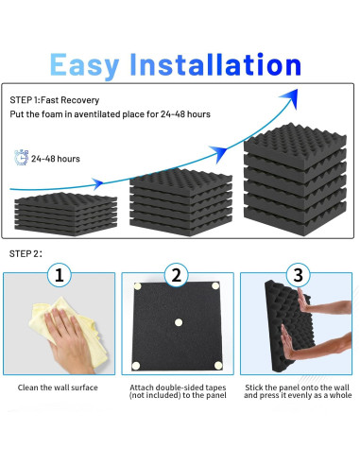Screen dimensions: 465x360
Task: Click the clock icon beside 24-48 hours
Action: click(x=21, y=158)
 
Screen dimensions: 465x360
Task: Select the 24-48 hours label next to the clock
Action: click(x=55, y=159)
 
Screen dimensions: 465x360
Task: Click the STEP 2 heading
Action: click(x=26, y=254)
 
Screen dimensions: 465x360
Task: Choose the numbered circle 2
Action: click(x=177, y=276)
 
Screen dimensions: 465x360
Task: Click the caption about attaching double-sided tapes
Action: click(x=178, y=390)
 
